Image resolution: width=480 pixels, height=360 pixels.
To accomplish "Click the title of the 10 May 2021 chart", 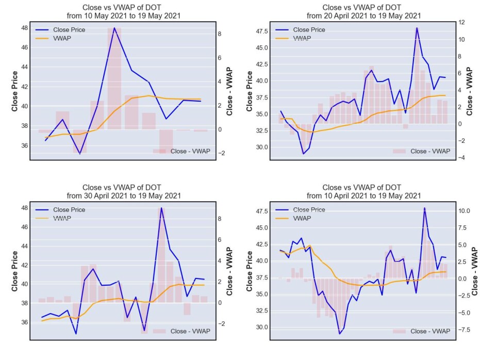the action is pos(123,12).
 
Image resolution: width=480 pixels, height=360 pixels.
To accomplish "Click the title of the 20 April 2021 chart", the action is pos(363,12).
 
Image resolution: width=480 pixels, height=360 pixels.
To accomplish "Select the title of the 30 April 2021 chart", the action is pos(123,192).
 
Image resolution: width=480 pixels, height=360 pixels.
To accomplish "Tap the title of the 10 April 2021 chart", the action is pos(363,192).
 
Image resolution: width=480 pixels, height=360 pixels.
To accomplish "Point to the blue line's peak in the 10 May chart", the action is pos(114,28).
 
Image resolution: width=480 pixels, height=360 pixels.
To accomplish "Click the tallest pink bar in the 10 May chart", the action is pos(114,78).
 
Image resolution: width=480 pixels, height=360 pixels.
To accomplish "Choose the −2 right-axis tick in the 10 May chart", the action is pos(221,153).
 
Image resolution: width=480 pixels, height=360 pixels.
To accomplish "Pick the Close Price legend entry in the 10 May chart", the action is pos(60,30).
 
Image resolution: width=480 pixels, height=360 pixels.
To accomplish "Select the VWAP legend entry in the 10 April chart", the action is pos(293,218).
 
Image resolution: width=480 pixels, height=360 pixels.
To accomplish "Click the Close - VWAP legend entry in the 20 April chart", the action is pos(422,151).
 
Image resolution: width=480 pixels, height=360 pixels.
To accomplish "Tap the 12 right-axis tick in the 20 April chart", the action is pos(461,22).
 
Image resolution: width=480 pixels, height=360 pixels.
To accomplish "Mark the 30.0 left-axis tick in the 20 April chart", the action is pos(262,147).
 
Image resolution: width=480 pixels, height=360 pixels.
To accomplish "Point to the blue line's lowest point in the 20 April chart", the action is pos(303,154).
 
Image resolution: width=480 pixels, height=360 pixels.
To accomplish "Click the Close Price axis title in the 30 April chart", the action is pos(14,271).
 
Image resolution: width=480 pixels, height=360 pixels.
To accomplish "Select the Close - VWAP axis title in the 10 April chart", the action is pos(475,271).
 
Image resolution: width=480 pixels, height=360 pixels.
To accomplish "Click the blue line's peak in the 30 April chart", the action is pos(161,208).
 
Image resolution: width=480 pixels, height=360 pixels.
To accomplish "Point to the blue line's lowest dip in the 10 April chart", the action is pos(339,334).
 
